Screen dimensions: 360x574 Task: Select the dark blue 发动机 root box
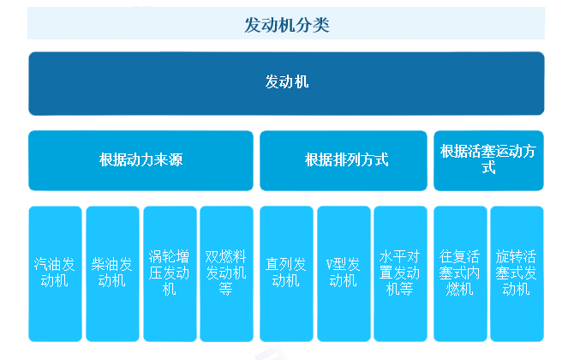[287, 83]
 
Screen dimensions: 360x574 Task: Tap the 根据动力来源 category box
[141, 160]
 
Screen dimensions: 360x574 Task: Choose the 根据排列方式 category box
[343, 160]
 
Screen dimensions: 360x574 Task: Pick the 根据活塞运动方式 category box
[488, 160]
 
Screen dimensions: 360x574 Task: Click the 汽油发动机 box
[55, 273]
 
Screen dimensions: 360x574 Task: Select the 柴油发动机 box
[112, 273]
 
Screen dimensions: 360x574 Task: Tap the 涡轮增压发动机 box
[170, 273]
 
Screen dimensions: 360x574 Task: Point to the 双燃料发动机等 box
[226, 273]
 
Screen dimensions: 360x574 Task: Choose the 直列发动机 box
[286, 273]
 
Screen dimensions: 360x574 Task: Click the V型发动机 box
[344, 273]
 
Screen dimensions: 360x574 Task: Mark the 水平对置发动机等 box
[400, 273]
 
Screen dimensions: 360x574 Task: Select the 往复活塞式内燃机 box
[460, 273]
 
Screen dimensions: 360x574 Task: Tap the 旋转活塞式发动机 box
[517, 273]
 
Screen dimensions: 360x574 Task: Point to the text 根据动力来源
[141, 160]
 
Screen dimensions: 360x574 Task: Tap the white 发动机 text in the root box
[287, 83]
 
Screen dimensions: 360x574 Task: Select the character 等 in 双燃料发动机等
[226, 290]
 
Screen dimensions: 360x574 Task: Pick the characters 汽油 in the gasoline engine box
[48, 264]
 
